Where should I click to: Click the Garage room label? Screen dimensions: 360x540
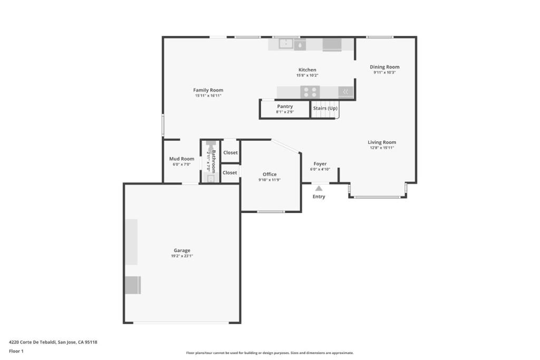(182, 250)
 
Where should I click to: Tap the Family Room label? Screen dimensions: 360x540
(208, 90)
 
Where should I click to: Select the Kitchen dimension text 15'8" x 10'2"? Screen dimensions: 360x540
(307, 75)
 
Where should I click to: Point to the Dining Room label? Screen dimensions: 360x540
(384, 67)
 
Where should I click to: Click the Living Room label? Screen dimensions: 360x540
(382, 142)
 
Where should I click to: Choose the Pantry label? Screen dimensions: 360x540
(285, 106)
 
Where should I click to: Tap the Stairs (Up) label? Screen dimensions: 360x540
(325, 108)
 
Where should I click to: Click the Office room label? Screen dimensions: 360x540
(269, 174)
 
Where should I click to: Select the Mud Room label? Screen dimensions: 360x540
(181, 159)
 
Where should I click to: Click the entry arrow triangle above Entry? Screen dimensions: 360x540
(319, 188)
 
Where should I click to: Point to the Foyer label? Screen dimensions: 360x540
(320, 164)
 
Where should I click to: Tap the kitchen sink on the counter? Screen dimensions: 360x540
(286, 44)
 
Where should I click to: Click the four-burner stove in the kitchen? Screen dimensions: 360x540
(310, 92)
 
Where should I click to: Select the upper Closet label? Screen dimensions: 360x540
(230, 153)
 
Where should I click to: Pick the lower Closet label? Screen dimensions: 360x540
(230, 172)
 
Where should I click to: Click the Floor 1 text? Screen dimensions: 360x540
(16, 351)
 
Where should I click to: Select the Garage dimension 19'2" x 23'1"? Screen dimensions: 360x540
(182, 256)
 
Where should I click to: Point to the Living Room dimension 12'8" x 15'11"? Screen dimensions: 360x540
(382, 148)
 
